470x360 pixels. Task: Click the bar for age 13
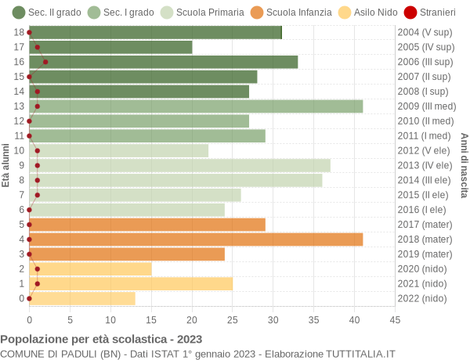pyautogui.click(x=196, y=106)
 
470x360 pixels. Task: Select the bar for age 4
pyautogui.click(x=196, y=239)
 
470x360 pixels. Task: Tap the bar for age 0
pyautogui.click(x=82, y=298)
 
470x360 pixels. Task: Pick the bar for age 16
pyautogui.click(x=163, y=62)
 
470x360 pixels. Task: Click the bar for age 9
pyautogui.click(x=179, y=165)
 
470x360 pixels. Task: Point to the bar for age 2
pyautogui.click(x=90, y=269)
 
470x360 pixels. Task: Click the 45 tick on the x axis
pyautogui.click(x=395, y=319)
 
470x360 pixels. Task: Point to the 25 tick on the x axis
pyautogui.click(x=233, y=319)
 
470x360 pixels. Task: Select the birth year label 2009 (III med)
pyautogui.click(x=425, y=106)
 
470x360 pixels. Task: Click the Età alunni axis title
pyautogui.click(x=6, y=165)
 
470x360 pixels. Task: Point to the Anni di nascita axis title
pyautogui.click(x=463, y=165)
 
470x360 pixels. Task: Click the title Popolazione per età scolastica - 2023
pyautogui.click(x=101, y=340)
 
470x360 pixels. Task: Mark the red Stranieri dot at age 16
pyautogui.click(x=45, y=62)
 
